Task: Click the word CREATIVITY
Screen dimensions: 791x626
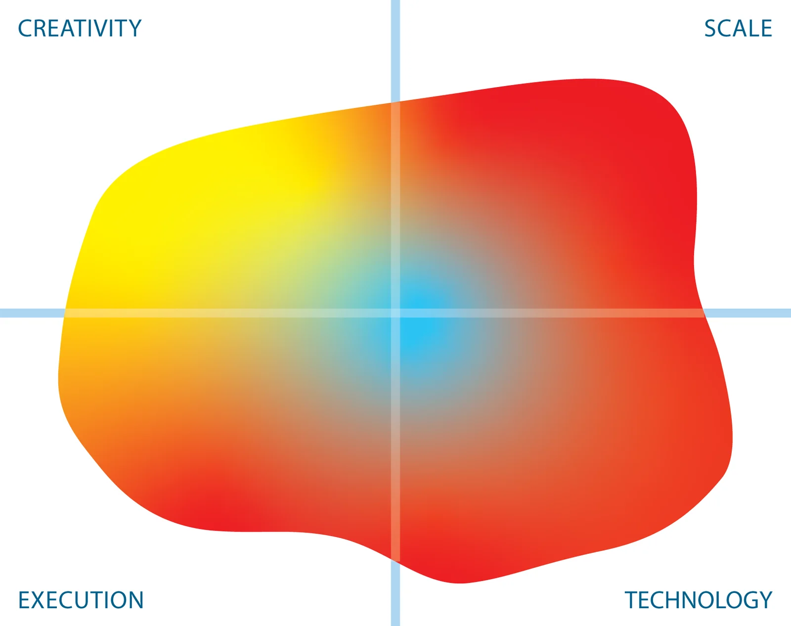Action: tap(80, 28)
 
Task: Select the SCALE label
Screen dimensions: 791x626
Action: tap(738, 28)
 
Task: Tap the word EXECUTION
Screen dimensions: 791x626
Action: tap(81, 600)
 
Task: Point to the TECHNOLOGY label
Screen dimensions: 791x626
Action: tap(699, 600)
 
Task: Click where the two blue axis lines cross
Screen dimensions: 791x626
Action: tap(395, 313)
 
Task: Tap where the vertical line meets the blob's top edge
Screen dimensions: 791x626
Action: tap(395, 102)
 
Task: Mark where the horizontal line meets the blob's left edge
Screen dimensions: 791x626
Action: tap(64, 313)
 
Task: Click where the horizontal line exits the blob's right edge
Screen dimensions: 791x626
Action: tap(703, 313)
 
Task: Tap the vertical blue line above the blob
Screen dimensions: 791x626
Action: tap(395, 51)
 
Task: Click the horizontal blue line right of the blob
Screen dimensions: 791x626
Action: tap(747, 313)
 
